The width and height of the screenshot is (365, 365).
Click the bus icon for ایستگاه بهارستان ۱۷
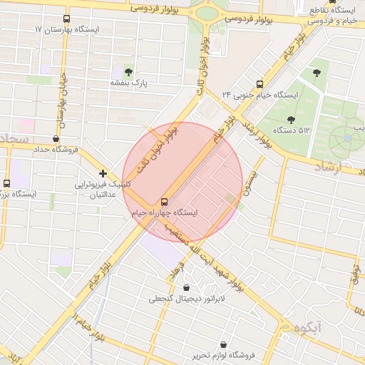coord(66,19)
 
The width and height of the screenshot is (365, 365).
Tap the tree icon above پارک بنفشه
coord(128,72)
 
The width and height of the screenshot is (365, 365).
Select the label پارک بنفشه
coord(128,83)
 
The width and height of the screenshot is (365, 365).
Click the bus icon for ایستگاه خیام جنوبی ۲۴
coord(259,83)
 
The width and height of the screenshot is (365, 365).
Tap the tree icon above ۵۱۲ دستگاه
coord(290,120)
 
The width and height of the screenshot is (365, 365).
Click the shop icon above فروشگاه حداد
coord(56,139)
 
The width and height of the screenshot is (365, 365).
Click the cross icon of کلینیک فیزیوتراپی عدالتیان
coord(103,173)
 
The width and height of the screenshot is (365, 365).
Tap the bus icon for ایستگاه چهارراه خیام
coord(165,202)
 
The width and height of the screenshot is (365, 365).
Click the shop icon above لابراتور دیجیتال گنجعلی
coord(187,288)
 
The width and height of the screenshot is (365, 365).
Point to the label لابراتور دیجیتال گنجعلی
coord(187,299)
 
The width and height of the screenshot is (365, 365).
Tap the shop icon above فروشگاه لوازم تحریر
coord(224,344)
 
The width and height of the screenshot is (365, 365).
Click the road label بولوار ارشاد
coord(254,133)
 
